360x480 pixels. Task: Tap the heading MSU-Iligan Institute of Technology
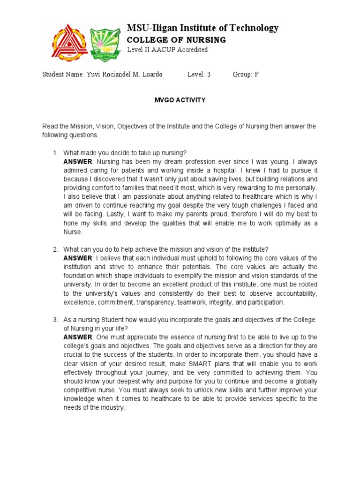pos(202,28)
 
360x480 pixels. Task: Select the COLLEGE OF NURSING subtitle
pos(176,40)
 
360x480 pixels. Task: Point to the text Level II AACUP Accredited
pos(167,50)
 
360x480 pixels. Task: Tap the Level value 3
pos(209,75)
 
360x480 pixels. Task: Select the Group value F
pos(256,75)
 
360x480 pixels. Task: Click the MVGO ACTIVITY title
pos(180,100)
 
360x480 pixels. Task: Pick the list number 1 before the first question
pos(55,153)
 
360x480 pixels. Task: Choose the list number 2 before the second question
pos(55,249)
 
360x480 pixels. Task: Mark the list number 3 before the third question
pos(55,320)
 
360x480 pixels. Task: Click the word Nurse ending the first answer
pos(73,232)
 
